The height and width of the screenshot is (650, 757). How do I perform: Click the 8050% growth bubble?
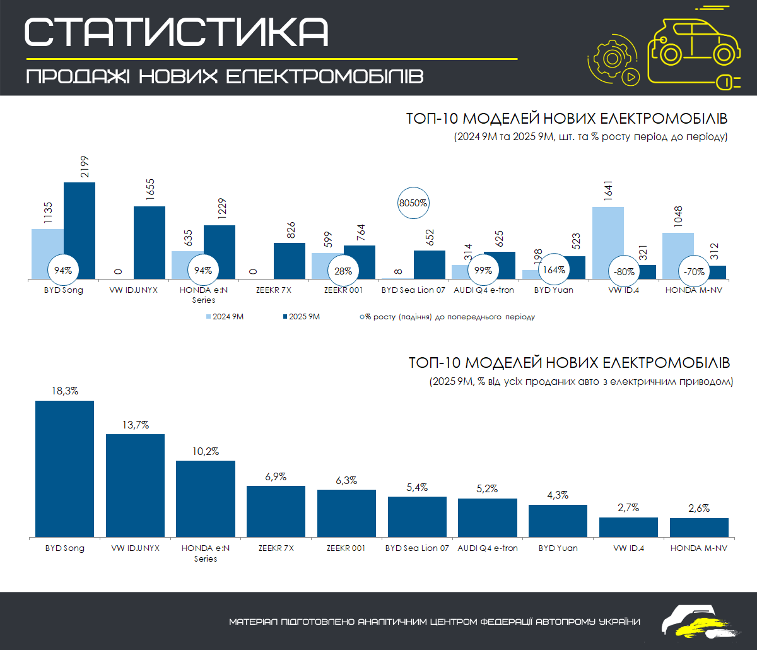(x=414, y=204)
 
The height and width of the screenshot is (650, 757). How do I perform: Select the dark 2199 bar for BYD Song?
(x=79, y=230)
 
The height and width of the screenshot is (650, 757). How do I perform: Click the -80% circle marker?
(x=624, y=271)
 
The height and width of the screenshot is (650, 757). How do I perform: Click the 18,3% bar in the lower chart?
(x=64, y=468)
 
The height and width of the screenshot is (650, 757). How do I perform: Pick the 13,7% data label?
(x=135, y=425)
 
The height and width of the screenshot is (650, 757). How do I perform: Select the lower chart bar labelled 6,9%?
(x=276, y=511)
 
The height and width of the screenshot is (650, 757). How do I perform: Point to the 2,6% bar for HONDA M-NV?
(x=699, y=527)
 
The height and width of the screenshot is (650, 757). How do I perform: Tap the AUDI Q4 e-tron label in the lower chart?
(x=487, y=548)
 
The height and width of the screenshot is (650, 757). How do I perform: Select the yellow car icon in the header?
(x=693, y=47)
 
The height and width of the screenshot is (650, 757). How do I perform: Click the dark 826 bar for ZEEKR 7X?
(x=290, y=261)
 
